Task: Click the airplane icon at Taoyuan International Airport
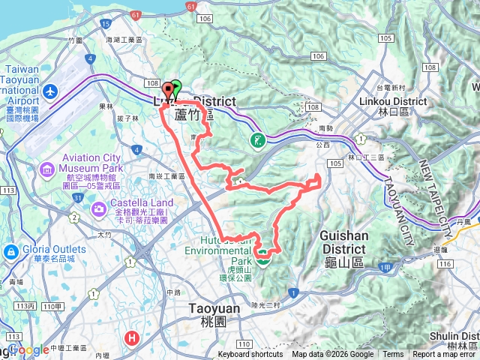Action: (x=50, y=91)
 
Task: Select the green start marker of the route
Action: (x=176, y=88)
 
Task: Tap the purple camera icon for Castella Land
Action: (x=98, y=208)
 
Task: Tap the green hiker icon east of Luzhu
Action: (x=256, y=140)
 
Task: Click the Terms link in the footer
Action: (x=392, y=355)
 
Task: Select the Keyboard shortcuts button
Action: (x=250, y=355)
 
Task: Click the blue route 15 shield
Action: (x=105, y=24)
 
